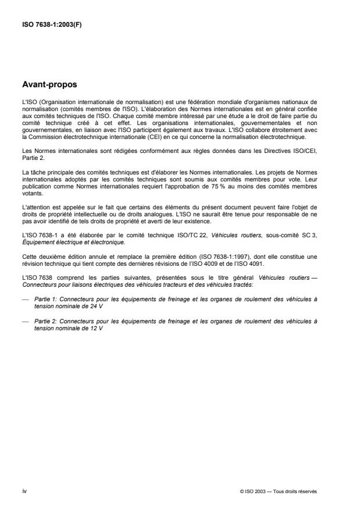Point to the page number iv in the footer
coord(24,491)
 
